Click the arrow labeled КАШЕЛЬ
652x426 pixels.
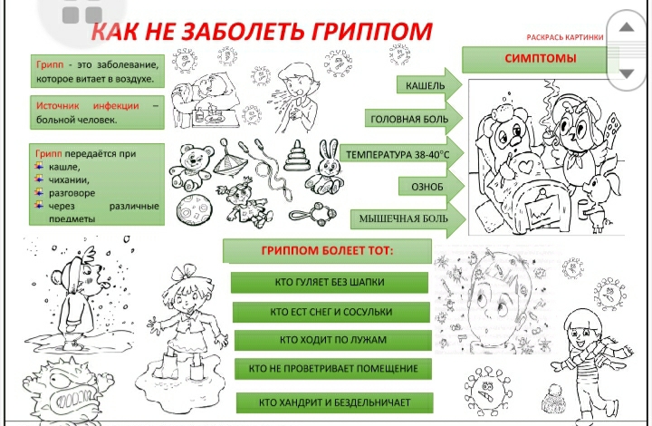(429, 85)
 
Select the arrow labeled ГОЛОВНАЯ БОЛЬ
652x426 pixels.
(414, 119)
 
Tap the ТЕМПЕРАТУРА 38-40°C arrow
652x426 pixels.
(402, 155)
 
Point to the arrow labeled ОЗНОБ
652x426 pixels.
(431, 187)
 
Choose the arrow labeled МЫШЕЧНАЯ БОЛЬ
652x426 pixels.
(407, 218)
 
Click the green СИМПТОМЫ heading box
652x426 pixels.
(540, 59)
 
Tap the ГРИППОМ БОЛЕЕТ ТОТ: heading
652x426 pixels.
(327, 251)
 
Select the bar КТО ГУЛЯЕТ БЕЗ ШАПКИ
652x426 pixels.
(330, 283)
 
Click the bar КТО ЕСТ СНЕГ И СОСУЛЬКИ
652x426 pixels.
(331, 312)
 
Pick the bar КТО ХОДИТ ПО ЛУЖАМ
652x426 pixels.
(332, 340)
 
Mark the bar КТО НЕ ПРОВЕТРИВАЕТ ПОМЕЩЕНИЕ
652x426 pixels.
(333, 369)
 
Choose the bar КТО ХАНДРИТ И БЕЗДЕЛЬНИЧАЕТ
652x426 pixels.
(335, 402)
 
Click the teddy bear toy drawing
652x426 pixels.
(189, 166)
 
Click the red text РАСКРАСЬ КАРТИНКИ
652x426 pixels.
(565, 37)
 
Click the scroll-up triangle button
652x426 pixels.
(627, 27)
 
